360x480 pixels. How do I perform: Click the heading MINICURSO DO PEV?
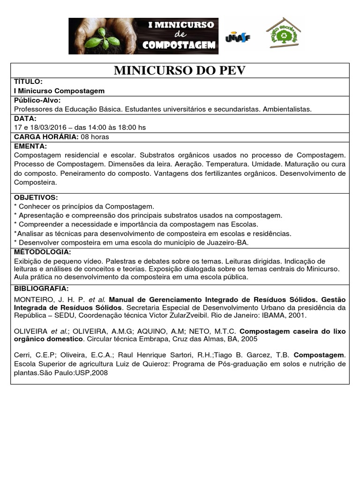[x=180, y=71]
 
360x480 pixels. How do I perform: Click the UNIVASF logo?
[x=238, y=37]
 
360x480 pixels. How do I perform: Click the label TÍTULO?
[x=29, y=82]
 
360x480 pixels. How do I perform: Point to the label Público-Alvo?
[x=37, y=100]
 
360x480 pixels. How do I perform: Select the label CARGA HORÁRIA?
[x=46, y=137]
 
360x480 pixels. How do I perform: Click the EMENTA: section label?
[x=30, y=146]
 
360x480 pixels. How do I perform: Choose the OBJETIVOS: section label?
[x=36, y=197]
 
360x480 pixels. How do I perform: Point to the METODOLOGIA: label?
[x=43, y=252]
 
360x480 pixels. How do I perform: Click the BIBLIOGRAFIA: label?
[x=41, y=288]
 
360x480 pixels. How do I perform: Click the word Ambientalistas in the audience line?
[x=287, y=109]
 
